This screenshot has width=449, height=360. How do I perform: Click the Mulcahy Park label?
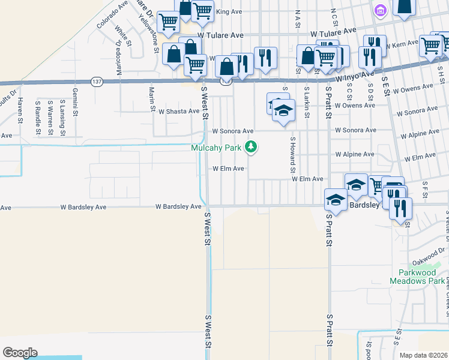(x=217, y=148)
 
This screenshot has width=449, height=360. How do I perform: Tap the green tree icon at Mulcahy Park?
(x=252, y=146)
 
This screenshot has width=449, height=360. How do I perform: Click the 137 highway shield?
(x=96, y=80)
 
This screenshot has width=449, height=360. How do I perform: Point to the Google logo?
(x=20, y=353)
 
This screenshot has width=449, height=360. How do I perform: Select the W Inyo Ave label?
(x=355, y=77)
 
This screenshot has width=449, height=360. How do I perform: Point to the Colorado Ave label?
(x=112, y=14)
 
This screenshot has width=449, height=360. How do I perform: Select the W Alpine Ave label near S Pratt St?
(x=355, y=154)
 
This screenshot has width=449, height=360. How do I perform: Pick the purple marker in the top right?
(x=379, y=10)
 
